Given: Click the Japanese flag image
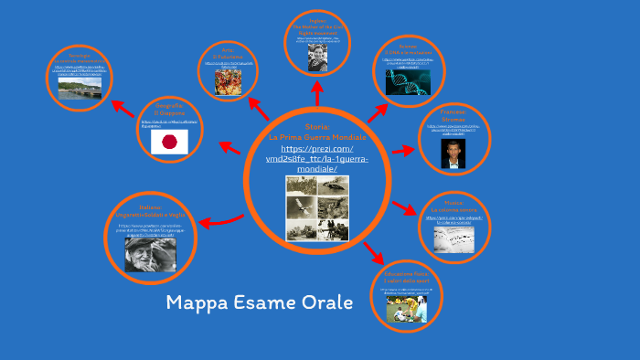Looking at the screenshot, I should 169,142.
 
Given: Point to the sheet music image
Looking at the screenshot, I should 453,240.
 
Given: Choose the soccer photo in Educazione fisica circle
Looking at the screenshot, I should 407,308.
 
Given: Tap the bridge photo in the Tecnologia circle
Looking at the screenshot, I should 80,88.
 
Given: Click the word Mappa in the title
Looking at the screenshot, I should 198,303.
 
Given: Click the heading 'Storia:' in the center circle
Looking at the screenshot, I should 316,125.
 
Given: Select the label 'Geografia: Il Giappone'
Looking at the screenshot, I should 168,108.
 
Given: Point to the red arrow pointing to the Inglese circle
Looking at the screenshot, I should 317,94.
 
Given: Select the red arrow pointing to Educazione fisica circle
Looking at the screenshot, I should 373,251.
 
